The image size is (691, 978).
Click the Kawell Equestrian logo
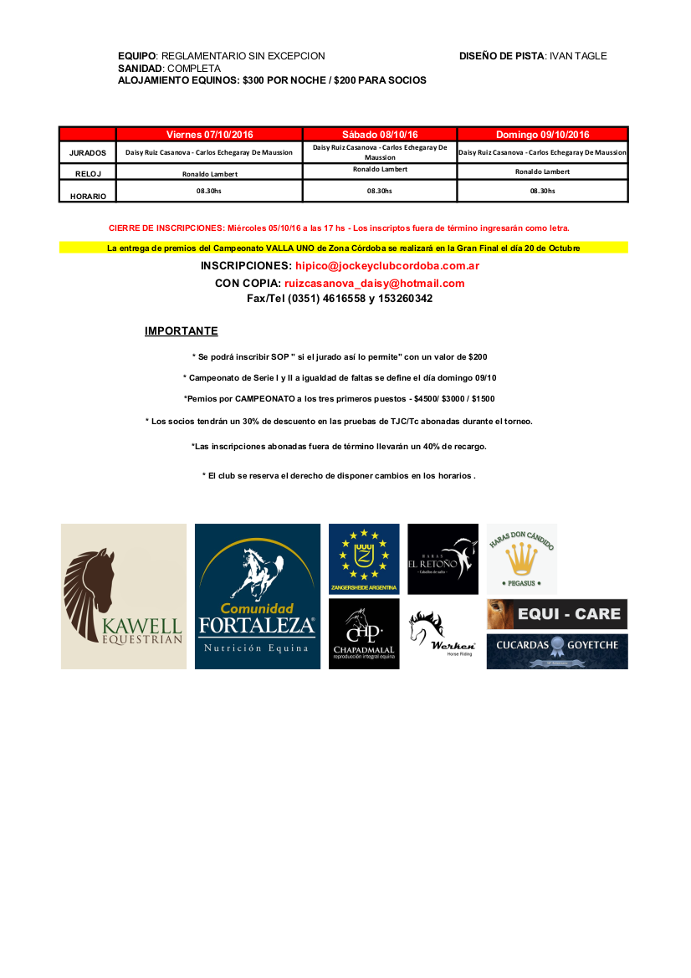(124, 596)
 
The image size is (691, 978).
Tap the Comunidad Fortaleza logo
(258, 596)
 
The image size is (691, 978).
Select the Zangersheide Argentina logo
(364, 558)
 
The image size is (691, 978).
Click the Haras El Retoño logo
(443, 558)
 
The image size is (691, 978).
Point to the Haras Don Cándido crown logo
(522, 558)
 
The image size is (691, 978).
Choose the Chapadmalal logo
(364, 633)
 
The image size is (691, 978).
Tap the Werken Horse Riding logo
(443, 633)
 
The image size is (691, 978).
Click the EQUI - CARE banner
(557, 614)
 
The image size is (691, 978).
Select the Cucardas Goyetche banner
(557, 651)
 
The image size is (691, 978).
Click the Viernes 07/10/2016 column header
(209, 134)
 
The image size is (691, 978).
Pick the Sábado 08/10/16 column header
(380, 134)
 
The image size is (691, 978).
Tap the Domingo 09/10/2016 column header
(542, 134)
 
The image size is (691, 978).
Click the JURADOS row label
(88, 153)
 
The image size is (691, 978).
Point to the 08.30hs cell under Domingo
(542, 191)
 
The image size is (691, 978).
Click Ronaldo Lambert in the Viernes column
(210, 174)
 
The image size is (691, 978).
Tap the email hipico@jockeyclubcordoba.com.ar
(387, 266)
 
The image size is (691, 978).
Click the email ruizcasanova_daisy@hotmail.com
(374, 284)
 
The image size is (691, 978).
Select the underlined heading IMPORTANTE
(182, 331)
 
